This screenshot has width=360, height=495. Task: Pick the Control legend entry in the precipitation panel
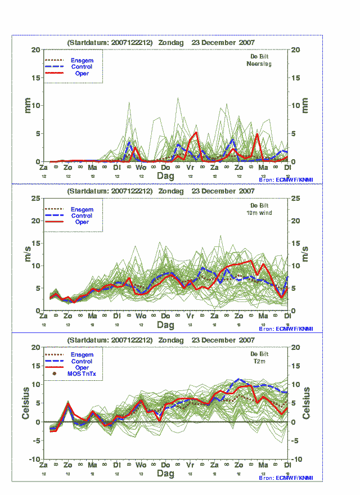point(82,67)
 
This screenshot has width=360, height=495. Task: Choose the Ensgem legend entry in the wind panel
point(82,209)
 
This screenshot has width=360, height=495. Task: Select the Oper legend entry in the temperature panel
point(82,367)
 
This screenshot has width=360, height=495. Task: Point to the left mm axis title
point(27,105)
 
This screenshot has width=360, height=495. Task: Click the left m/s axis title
point(27,254)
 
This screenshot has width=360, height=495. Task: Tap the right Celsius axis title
point(307,403)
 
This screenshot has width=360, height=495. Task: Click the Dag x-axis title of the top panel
point(165,176)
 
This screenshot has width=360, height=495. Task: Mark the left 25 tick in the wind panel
point(37,198)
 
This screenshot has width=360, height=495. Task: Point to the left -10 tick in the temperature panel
point(34,459)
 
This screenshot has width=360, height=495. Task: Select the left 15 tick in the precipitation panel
point(37,78)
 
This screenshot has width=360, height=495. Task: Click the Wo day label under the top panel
point(141,168)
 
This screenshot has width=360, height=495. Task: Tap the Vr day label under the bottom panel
point(190,466)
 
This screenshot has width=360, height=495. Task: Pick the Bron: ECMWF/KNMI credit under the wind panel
point(286,328)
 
